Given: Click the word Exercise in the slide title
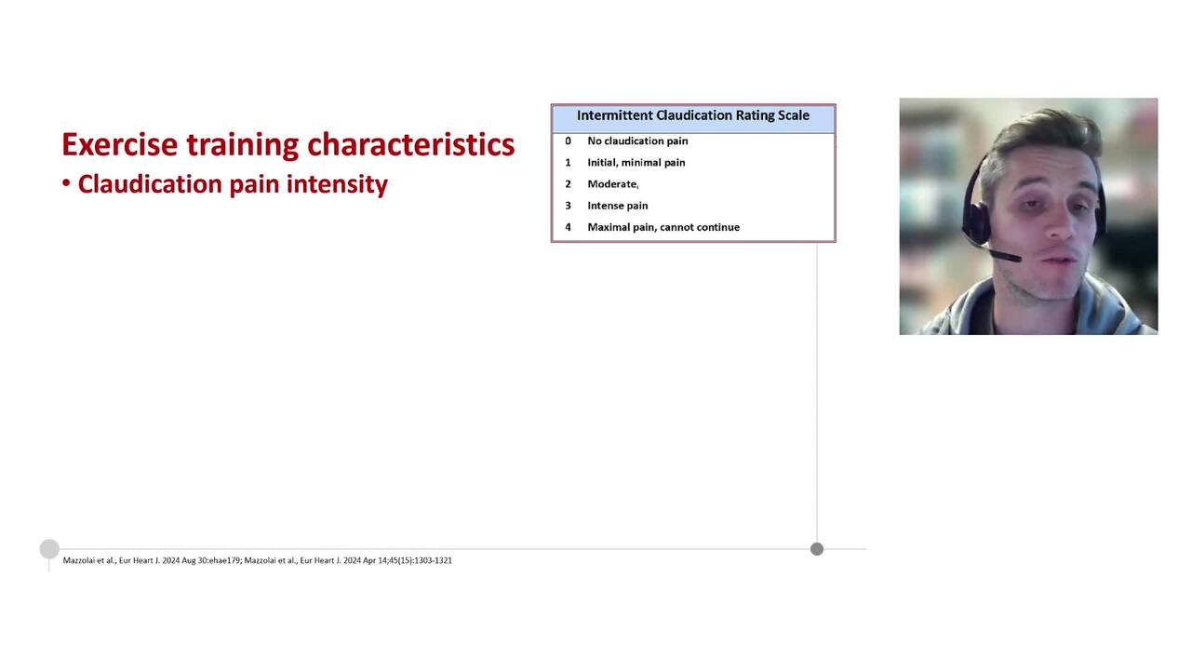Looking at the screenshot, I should pos(119,145).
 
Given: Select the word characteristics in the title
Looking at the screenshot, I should pos(410,145).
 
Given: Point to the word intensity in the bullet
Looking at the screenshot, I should pos(337,184).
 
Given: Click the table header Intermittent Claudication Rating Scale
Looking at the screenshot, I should pos(693,115).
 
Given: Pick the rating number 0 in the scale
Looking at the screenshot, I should pos(568,141).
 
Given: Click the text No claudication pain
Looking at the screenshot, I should pos(637,141).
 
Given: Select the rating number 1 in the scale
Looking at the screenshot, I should pos(568,163).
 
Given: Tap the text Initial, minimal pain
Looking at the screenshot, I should pos(636,163).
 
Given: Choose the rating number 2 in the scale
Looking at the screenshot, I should pos(568,184).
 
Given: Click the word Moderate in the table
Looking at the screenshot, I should pos(612,184).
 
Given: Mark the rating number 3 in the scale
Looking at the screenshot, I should pos(568,206).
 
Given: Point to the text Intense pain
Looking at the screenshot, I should pos(617,206).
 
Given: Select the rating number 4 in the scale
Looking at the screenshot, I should pos(568,227).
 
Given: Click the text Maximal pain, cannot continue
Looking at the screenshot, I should pos(663,227).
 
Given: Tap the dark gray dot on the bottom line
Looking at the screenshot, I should pos(817,549).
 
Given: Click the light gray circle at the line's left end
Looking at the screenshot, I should pos(49,549).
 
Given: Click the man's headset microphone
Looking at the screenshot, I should pos(1003,255).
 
